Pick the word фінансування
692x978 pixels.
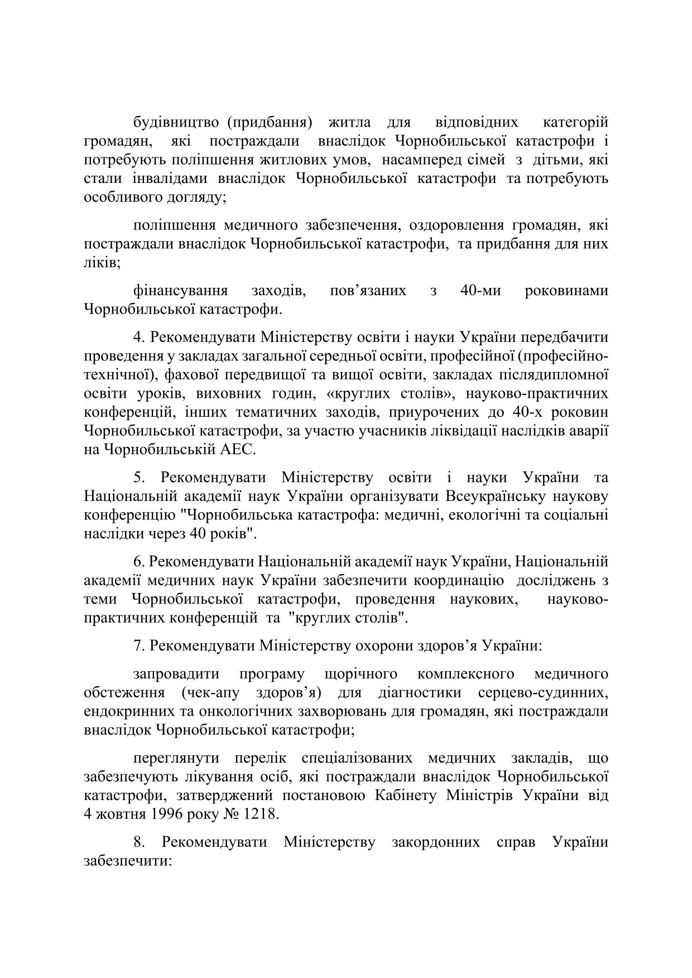(x=180, y=291)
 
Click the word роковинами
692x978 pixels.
(x=566, y=291)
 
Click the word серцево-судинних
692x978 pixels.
(x=543, y=693)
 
